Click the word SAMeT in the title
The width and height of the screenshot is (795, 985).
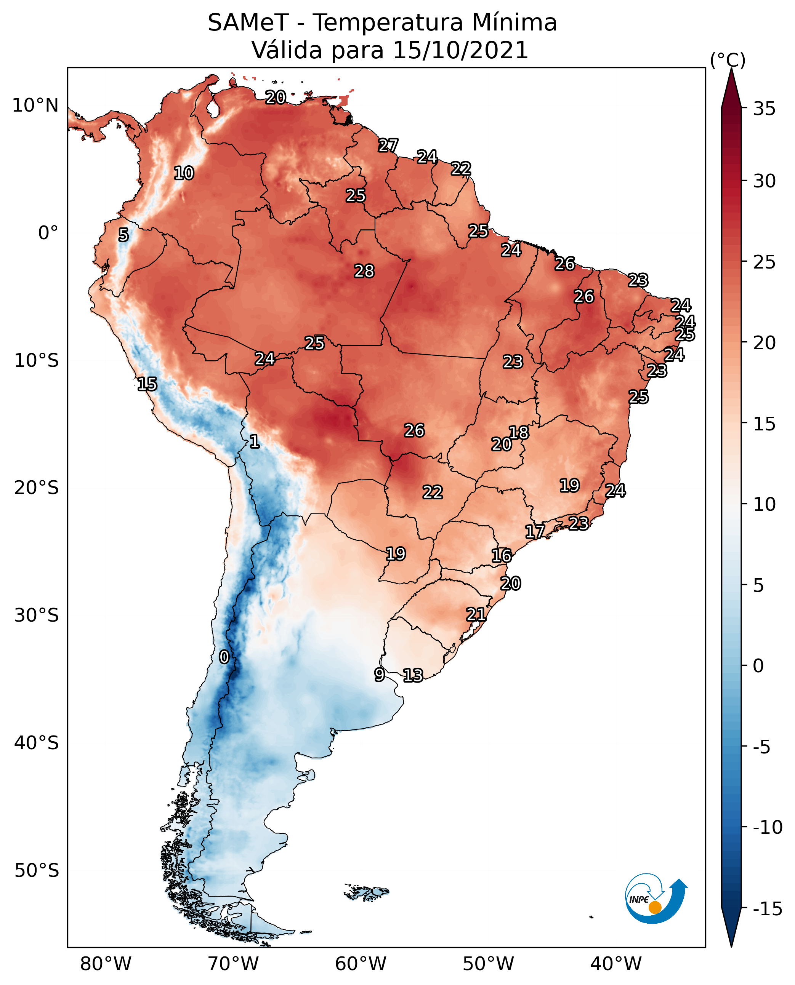click(248, 22)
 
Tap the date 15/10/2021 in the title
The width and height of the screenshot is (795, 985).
click(460, 50)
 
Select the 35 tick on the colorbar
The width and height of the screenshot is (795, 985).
click(764, 109)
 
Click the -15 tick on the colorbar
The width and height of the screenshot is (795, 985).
click(767, 909)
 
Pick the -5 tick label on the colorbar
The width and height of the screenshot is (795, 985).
click(761, 747)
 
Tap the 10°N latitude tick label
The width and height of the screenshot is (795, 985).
click(35, 106)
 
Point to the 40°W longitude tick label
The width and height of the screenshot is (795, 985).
click(615, 964)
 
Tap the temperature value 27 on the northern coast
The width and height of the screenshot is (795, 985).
click(388, 146)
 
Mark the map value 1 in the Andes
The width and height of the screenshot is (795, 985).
click(254, 442)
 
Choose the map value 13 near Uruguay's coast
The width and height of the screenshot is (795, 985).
click(413, 675)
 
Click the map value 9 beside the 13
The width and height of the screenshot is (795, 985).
click(379, 674)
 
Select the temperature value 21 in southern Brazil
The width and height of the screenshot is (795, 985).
click(476, 614)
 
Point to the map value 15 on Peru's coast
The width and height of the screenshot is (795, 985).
click(147, 384)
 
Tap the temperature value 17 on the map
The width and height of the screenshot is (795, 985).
click(534, 531)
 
